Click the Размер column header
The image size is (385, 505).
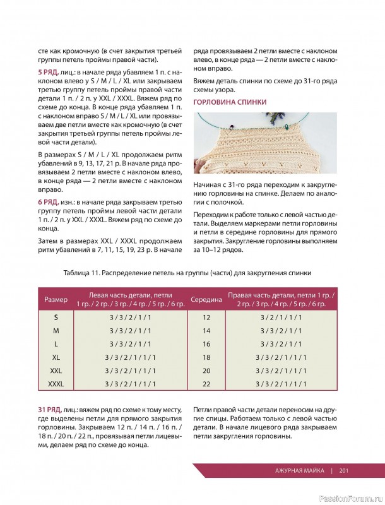56,299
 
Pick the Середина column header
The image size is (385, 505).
206,299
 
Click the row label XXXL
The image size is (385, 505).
56,383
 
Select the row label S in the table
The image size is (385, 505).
56,317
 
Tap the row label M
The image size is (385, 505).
56,330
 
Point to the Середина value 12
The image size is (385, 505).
206,317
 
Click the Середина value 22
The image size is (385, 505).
206,383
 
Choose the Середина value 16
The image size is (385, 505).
206,344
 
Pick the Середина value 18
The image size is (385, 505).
206,357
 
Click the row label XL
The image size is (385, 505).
56,357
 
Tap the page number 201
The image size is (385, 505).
344,470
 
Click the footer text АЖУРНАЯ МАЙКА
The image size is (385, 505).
300,470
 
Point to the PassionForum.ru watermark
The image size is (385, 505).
352,498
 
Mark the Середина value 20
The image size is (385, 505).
206,370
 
